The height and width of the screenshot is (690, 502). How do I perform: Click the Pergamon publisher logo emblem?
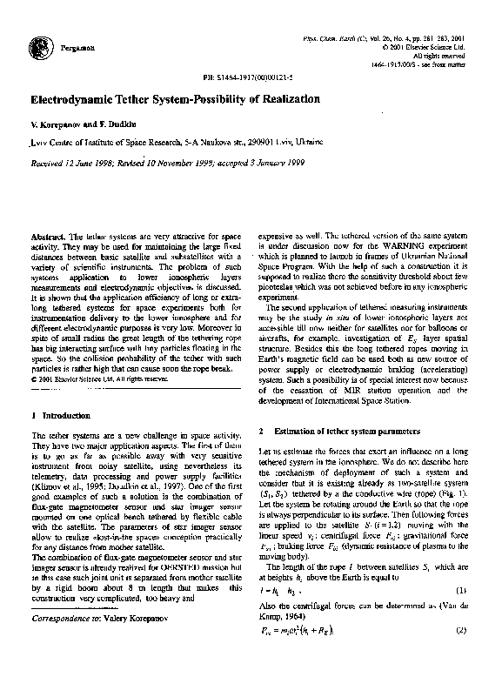coord(37,48)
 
